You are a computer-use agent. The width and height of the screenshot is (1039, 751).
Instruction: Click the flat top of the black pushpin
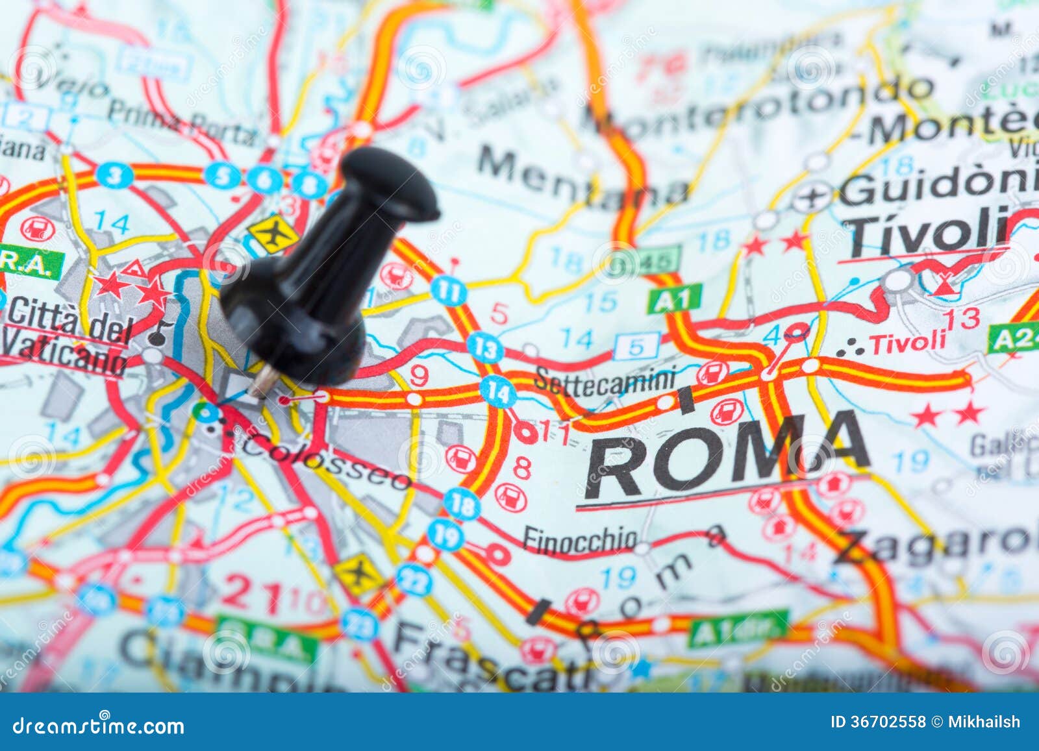390,182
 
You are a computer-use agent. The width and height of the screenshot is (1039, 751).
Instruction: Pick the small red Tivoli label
908,342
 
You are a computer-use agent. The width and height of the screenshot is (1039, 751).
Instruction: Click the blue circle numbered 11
448,289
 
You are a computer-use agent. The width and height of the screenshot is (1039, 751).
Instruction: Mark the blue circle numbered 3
115,175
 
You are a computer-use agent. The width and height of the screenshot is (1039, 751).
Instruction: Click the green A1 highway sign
674,299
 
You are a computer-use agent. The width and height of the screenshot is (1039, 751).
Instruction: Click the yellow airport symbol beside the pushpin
273,234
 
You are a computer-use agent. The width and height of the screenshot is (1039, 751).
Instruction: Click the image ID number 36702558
887,722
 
